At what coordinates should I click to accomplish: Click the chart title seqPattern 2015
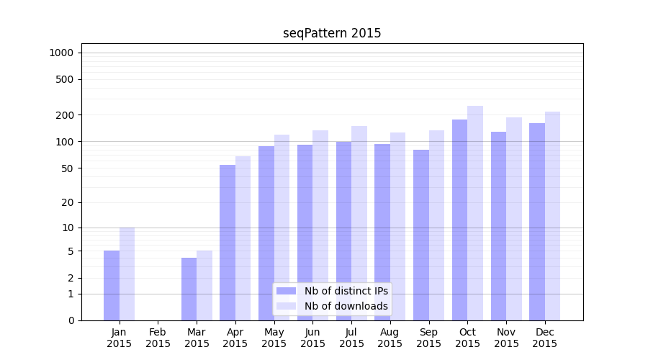(332, 33)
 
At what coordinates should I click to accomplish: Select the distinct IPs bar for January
(112, 285)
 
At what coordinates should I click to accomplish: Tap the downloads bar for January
(127, 274)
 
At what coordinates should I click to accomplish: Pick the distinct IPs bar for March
(189, 289)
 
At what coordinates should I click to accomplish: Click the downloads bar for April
(243, 238)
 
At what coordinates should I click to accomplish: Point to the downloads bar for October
(475, 213)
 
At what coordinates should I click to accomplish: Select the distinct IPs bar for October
(459, 220)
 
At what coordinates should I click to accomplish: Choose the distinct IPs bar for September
(421, 235)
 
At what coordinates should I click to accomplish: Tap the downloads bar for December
(552, 216)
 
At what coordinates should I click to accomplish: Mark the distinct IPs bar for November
(498, 226)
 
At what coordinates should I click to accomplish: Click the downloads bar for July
(359, 223)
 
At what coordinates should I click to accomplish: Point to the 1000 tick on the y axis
(61, 53)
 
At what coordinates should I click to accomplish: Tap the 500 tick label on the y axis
(65, 79)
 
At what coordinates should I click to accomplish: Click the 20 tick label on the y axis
(68, 202)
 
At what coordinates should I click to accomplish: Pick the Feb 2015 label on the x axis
(158, 338)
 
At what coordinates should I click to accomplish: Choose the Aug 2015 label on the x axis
(390, 338)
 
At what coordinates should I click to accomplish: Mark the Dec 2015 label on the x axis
(545, 338)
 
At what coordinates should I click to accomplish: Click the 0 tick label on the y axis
(71, 320)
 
